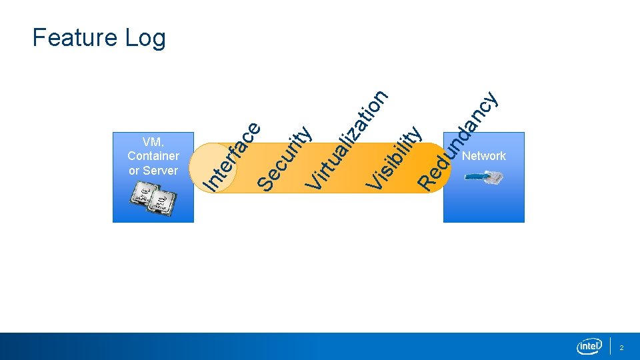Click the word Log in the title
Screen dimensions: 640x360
pyautogui.click(x=145, y=39)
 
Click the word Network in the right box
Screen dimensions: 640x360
pyautogui.click(x=484, y=156)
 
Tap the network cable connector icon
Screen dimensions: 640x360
pyautogui.click(x=485, y=178)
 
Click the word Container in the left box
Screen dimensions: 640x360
pyautogui.click(x=153, y=156)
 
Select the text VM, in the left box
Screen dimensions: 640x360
pyautogui.click(x=153, y=141)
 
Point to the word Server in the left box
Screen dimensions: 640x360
pyautogui.click(x=161, y=171)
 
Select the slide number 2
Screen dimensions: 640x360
pyautogui.click(x=622, y=348)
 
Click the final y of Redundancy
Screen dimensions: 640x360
pyautogui.click(x=491, y=100)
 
